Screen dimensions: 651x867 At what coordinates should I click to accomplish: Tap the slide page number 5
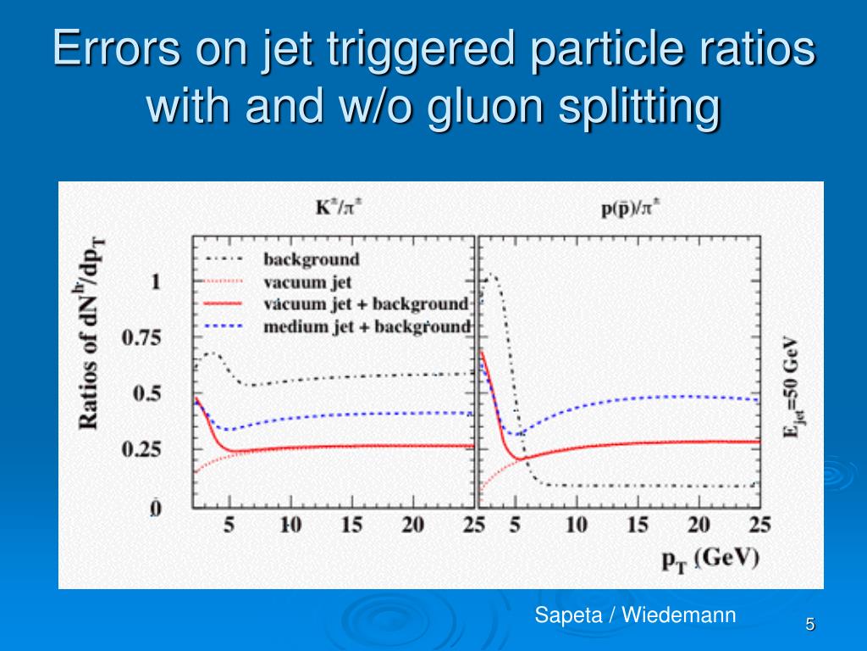810,625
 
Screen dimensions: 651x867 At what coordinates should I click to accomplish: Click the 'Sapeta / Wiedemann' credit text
635,615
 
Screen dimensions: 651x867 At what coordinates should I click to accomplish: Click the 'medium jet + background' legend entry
366,325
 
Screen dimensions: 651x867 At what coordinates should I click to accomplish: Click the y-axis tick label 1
155,281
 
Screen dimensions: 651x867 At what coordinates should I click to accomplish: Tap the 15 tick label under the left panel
351,526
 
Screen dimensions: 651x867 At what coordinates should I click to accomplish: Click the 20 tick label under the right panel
699,526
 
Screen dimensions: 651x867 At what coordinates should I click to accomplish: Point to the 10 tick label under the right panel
577,526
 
